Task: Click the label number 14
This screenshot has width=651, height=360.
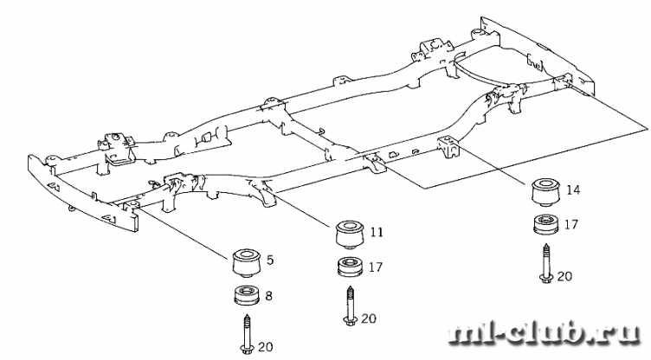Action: (573, 190)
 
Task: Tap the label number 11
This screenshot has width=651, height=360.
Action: (377, 232)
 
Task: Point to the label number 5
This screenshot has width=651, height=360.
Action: (270, 260)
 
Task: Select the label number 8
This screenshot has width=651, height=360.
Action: (268, 296)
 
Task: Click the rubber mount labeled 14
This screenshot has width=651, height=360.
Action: (545, 192)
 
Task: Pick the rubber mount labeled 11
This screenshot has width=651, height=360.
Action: (350, 235)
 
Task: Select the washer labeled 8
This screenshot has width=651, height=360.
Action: (247, 295)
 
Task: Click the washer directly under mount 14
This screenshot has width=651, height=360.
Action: (546, 224)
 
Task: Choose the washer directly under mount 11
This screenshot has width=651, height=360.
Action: (351, 267)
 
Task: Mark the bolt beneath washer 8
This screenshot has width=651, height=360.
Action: (246, 335)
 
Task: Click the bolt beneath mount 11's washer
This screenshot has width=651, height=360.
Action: (350, 305)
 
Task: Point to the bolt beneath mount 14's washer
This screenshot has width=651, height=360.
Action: (546, 263)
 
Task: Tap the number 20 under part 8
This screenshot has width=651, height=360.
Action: (266, 347)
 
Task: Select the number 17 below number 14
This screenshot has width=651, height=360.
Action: (570, 225)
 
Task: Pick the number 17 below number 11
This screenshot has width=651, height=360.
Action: (376, 267)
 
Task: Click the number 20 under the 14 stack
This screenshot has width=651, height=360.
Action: (564, 276)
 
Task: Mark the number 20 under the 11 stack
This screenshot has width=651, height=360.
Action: (369, 318)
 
